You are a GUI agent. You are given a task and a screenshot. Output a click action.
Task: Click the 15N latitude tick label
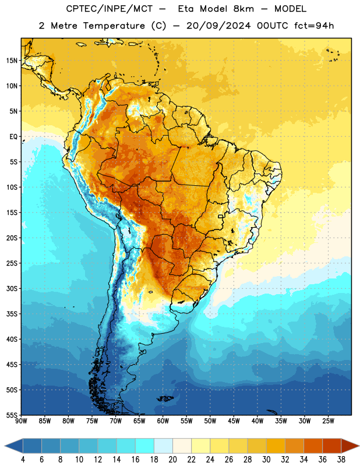(12, 61)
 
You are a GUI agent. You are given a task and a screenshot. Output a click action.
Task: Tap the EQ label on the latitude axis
(13, 137)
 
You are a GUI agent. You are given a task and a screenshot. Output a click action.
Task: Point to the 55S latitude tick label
(12, 415)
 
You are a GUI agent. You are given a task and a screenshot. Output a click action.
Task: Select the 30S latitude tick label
(12, 288)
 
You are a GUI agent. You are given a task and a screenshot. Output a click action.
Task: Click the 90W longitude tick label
(22, 421)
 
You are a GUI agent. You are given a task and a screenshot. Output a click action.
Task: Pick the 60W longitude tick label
(163, 421)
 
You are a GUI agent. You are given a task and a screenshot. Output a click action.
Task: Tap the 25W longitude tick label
(328, 421)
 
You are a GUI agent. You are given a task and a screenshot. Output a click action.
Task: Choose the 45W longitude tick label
(234, 421)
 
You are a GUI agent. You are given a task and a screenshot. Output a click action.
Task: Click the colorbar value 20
(172, 460)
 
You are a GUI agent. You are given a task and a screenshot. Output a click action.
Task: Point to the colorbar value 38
(341, 460)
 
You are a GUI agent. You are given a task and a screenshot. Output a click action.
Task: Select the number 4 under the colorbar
(23, 460)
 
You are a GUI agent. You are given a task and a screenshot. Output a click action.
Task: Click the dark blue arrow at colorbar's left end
(13, 446)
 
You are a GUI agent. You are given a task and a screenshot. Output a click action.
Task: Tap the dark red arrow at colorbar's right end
(351, 446)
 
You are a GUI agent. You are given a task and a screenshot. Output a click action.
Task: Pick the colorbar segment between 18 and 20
(164, 446)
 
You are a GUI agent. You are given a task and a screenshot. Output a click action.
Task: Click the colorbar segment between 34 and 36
(313, 446)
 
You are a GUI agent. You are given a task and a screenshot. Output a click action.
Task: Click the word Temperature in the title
(114, 26)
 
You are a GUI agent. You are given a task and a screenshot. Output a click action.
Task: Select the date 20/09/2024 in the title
(218, 26)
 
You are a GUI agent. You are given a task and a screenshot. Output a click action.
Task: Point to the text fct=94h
(314, 26)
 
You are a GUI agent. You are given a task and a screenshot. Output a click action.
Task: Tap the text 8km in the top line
(243, 9)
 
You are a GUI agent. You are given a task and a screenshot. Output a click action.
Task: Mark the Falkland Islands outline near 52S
(165, 398)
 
